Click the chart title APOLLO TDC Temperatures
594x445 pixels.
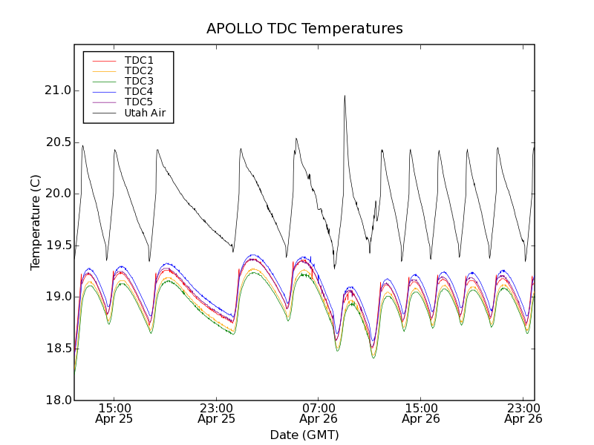[x=304, y=29]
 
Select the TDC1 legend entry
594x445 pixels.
[x=139, y=60]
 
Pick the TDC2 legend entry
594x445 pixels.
[x=139, y=70]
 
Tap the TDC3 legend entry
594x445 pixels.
[x=139, y=81]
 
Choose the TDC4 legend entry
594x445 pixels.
[x=139, y=92]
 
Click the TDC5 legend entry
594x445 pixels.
[x=139, y=102]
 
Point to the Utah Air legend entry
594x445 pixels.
[x=145, y=113]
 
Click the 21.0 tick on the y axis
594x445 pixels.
[x=58, y=90]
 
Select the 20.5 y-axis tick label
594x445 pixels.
[x=58, y=142]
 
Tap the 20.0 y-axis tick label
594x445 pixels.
[x=58, y=194]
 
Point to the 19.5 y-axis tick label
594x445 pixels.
[x=58, y=245]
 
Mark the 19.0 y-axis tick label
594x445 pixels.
[x=58, y=297]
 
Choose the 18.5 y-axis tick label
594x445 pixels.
[x=58, y=349]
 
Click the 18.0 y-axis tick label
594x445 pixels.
[x=58, y=400]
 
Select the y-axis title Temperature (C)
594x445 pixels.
[x=36, y=222]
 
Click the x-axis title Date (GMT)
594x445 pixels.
[x=304, y=435]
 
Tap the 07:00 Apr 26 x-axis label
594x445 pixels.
[x=319, y=413]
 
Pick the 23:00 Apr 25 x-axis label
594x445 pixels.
[x=217, y=413]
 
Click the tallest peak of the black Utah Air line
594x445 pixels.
[x=345, y=96]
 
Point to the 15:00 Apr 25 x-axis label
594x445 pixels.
[x=114, y=413]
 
